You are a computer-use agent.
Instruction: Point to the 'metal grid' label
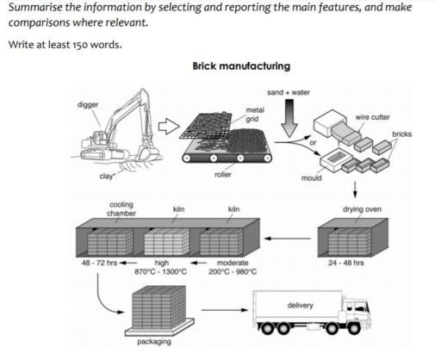[255, 114]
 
